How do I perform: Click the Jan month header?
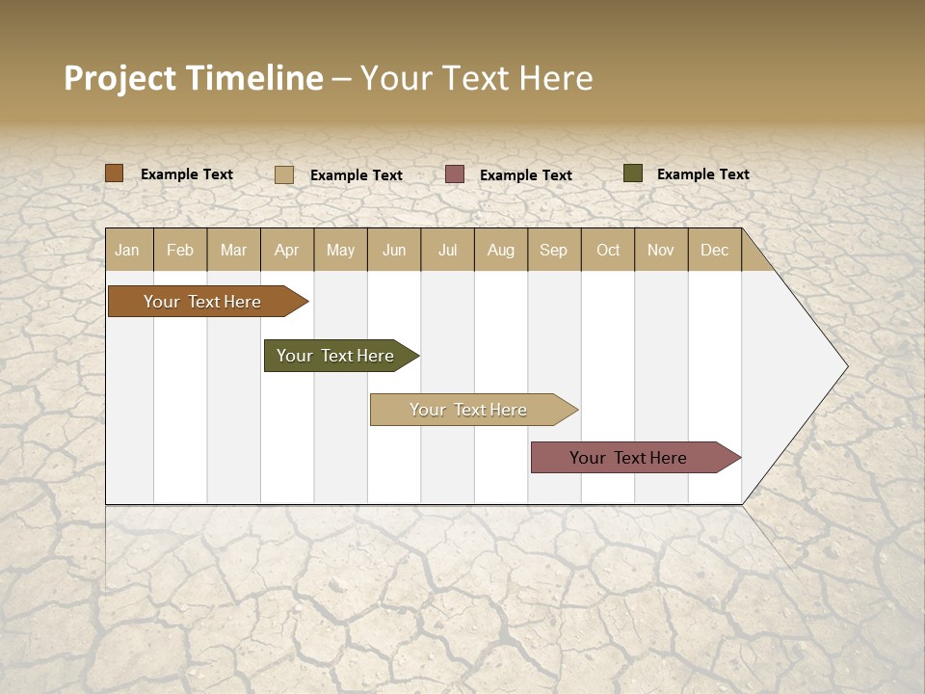(127, 250)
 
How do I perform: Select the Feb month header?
(180, 250)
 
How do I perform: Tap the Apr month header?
(287, 250)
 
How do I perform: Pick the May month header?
(340, 250)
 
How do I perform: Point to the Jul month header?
(447, 250)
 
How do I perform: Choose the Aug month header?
(501, 250)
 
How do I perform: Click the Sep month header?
(554, 250)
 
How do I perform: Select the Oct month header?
(608, 250)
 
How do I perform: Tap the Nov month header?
(661, 250)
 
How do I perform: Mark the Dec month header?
(715, 250)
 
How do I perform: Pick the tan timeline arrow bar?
(469, 410)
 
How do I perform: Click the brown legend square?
(115, 173)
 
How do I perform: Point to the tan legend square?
(284, 174)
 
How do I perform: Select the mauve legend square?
(455, 173)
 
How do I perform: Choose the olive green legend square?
(633, 173)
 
